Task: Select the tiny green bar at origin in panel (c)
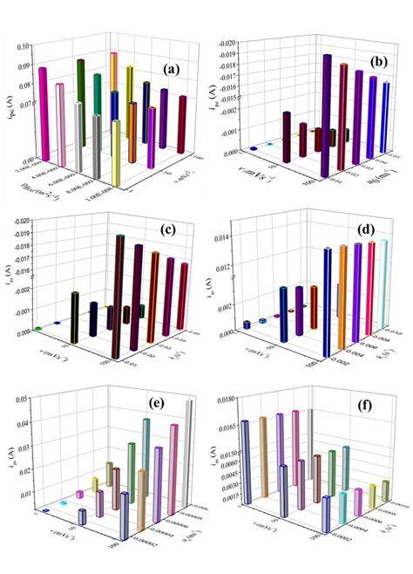[x=38, y=329]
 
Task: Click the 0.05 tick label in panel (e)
[x=24, y=399]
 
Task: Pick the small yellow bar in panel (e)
[x=95, y=484]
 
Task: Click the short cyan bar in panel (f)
[x=342, y=504]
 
